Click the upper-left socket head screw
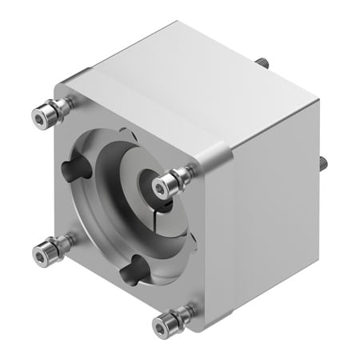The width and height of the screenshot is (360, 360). [41, 118]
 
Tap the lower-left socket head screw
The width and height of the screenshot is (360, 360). [40, 254]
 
